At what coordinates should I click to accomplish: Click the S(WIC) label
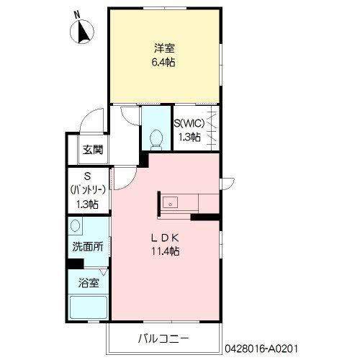(192, 123)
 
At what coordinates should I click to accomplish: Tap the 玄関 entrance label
(92, 150)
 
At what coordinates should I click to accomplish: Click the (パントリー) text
(89, 190)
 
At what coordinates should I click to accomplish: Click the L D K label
(164, 238)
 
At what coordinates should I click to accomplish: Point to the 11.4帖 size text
(164, 252)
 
